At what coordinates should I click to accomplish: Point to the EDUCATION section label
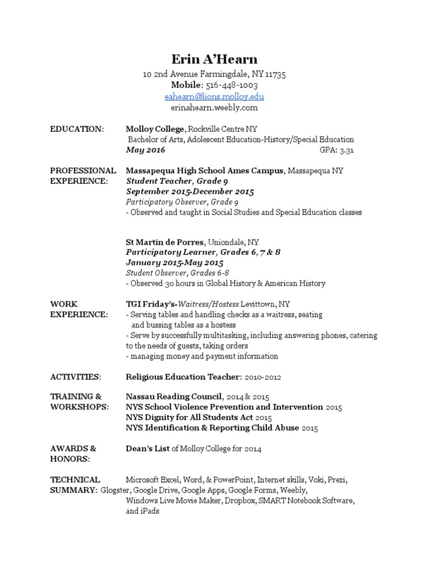tap(77, 129)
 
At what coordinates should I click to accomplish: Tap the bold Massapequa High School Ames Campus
tap(204, 170)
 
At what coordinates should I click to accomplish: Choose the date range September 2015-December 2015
tap(190, 192)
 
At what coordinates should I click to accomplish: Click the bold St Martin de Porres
tap(165, 242)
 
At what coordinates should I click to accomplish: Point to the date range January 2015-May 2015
tap(175, 263)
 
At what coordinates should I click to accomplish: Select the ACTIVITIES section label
tap(75, 377)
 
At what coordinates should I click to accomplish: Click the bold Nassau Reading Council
tap(174, 397)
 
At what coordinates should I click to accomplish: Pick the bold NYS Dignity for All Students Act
tap(189, 418)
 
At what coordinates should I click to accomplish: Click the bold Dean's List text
tap(148, 449)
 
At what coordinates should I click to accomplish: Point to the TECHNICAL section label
tap(75, 479)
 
